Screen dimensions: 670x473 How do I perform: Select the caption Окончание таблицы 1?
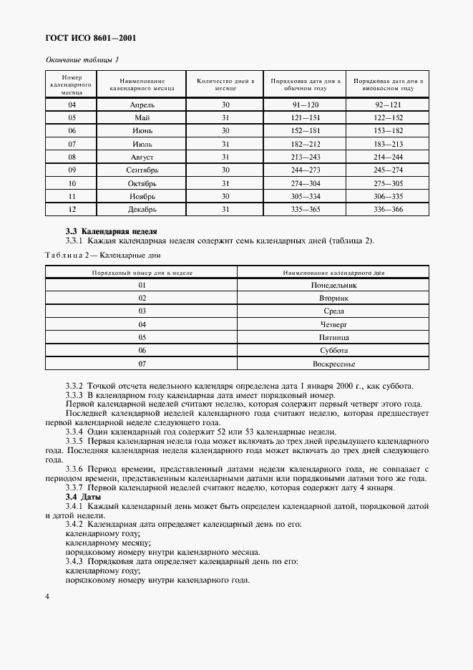(x=82, y=59)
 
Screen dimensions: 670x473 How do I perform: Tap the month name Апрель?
(x=142, y=105)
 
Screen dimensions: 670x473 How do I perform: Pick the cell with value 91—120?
(x=305, y=105)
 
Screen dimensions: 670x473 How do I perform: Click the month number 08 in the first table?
(x=72, y=157)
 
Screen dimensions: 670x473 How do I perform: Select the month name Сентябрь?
(x=142, y=170)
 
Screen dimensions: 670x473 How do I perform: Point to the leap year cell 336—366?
(x=388, y=209)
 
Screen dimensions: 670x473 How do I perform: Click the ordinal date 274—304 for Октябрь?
(x=305, y=183)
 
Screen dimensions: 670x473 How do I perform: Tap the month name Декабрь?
(x=142, y=209)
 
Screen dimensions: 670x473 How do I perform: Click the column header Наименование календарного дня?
(x=333, y=273)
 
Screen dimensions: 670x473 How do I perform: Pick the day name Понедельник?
(x=333, y=285)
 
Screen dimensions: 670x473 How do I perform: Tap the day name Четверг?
(x=333, y=324)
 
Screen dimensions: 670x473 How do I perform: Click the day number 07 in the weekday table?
(x=142, y=364)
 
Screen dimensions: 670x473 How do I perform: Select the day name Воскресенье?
(x=333, y=364)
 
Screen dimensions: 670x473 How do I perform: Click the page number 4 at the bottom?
(x=47, y=596)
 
